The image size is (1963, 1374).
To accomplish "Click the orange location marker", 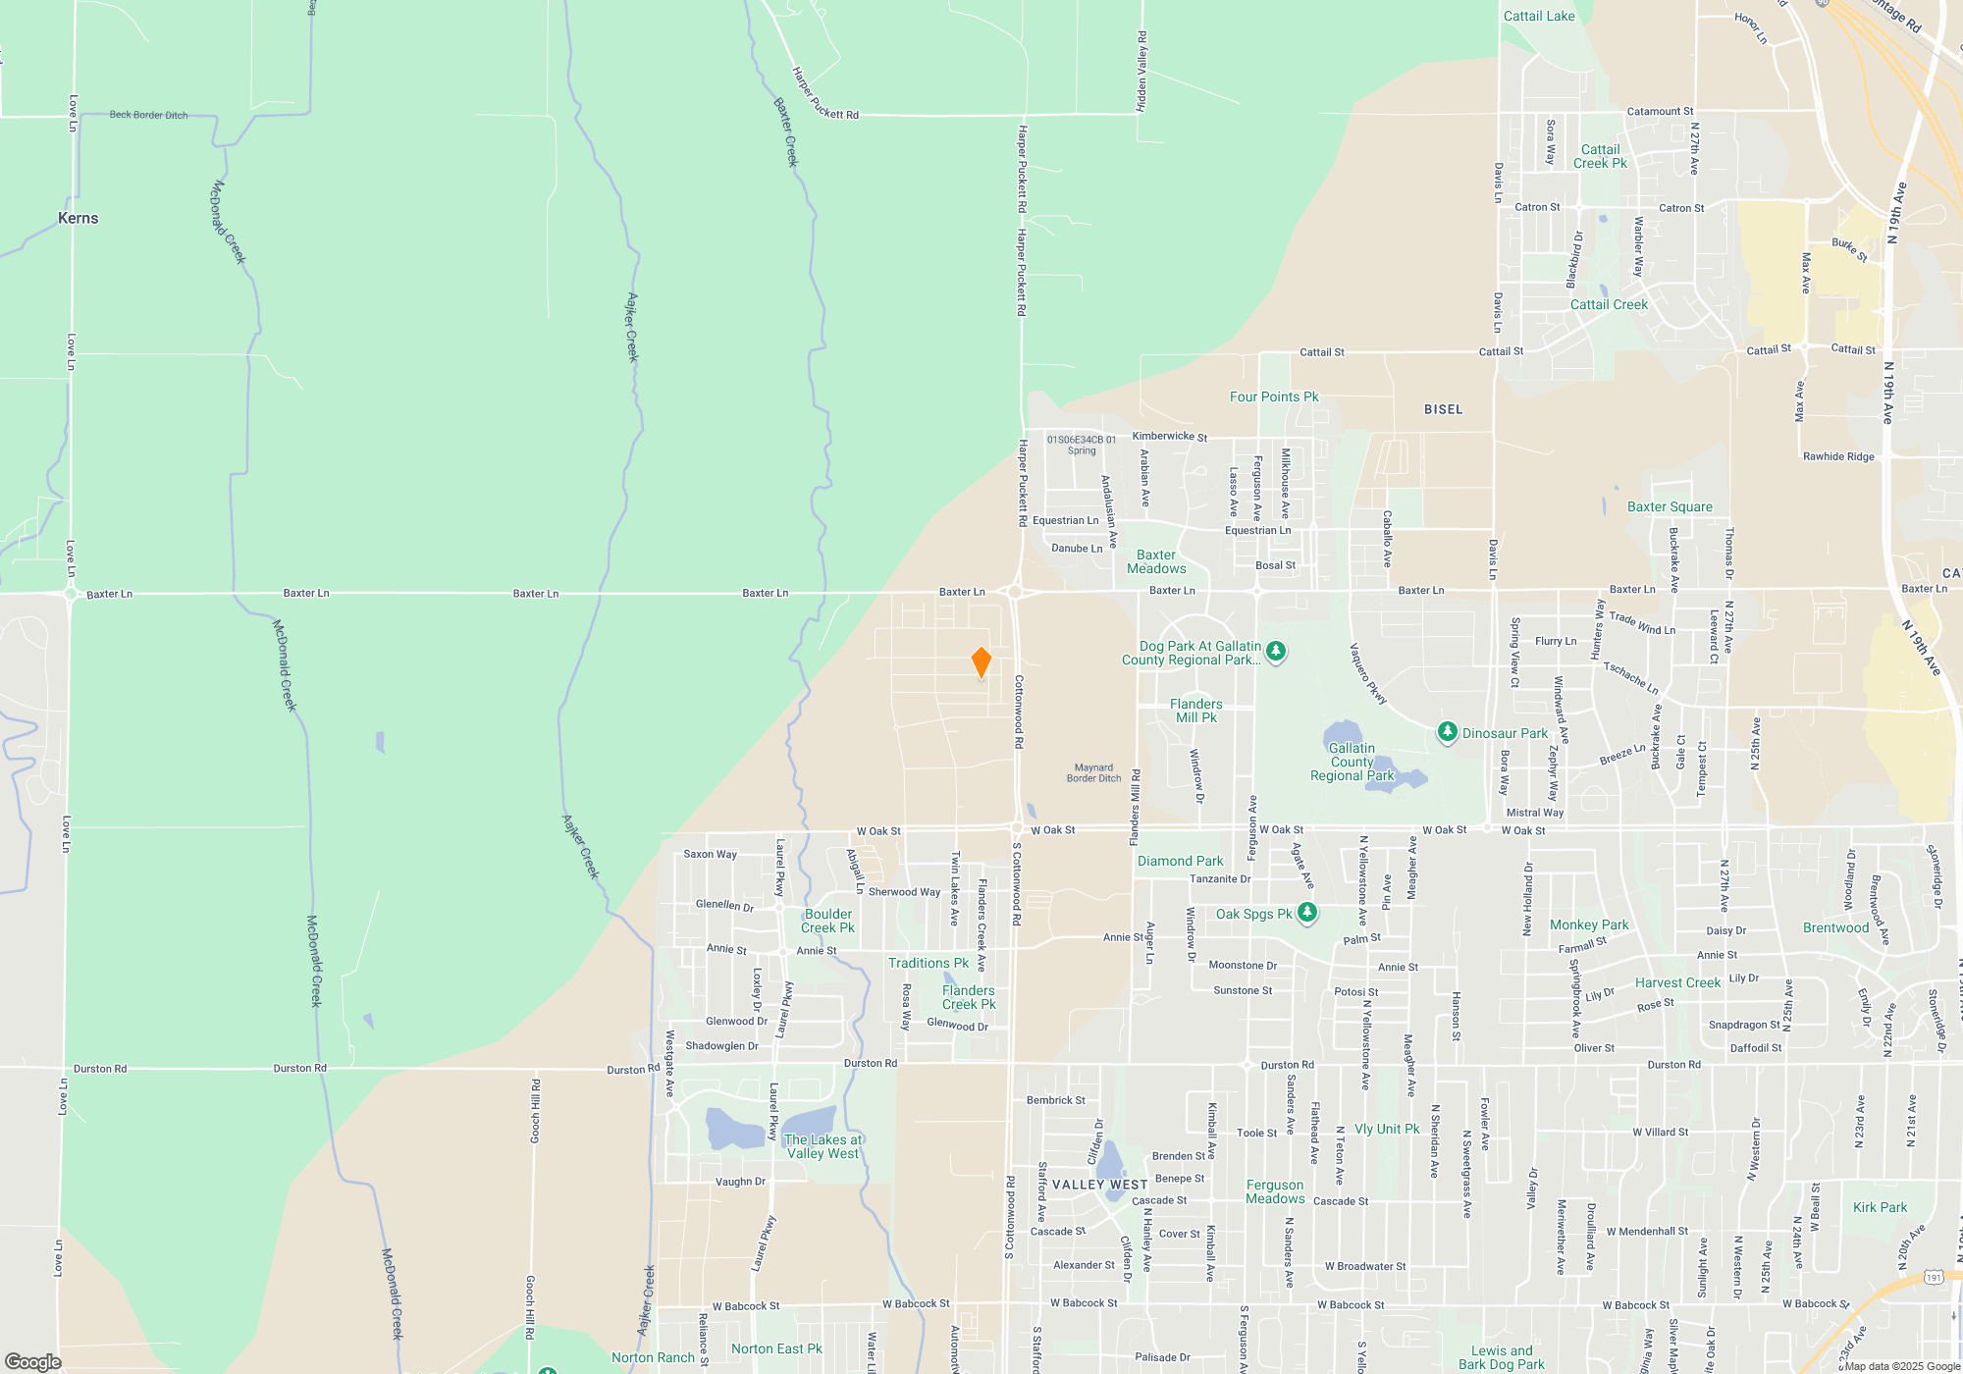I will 981,662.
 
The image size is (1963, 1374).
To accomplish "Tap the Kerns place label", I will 79,218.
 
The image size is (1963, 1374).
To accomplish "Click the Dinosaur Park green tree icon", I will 1447,732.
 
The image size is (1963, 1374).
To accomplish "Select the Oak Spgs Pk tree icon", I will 1306,913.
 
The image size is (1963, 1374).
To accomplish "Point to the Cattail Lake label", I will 1539,16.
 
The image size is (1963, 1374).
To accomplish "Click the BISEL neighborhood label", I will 1443,409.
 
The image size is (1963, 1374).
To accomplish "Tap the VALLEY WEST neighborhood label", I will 1099,1185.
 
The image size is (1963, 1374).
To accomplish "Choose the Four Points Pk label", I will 1274,396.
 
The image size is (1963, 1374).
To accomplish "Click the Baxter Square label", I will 1670,506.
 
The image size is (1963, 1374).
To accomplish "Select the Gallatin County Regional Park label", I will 1352,762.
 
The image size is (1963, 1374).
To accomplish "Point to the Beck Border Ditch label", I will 148,115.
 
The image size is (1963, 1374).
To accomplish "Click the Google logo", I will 32,1361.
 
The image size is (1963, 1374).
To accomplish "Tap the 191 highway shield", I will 1933,1277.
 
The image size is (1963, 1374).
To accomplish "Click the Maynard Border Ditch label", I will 1093,772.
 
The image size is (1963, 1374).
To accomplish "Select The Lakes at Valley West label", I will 822,1146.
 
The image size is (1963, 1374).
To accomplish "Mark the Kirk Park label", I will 1880,1207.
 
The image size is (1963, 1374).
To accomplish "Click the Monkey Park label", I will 1588,925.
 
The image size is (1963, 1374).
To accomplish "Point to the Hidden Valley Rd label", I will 1141,71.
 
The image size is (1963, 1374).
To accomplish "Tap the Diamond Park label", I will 1180,861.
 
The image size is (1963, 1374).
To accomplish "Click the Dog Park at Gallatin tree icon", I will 1275,651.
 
